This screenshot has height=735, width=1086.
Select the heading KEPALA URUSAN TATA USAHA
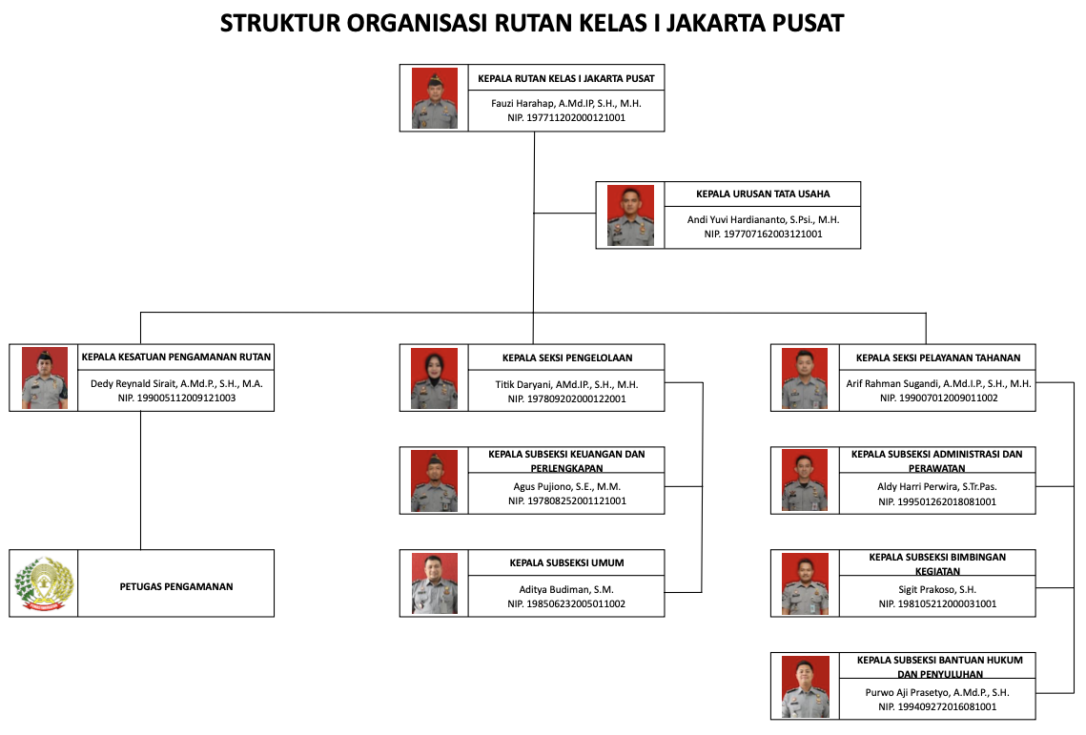coord(763,194)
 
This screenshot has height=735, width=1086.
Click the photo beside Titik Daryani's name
coord(434,378)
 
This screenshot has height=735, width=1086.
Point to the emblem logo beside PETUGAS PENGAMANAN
coord(44,583)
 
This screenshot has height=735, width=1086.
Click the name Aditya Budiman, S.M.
coord(566,589)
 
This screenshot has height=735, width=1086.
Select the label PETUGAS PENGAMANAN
coord(176,586)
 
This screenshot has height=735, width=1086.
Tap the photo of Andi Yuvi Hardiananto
coord(630,215)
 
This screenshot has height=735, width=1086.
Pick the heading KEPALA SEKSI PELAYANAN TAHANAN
coord(938,358)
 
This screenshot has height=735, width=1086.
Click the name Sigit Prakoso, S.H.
coord(937,589)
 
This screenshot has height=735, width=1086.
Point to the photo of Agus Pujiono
coord(434,480)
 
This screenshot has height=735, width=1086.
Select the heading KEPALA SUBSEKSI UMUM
coord(566,563)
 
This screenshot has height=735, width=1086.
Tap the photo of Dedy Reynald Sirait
coord(44,378)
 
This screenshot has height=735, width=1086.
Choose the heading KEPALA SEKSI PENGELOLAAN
coord(567,358)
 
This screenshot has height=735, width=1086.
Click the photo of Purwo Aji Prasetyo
coord(806,686)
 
